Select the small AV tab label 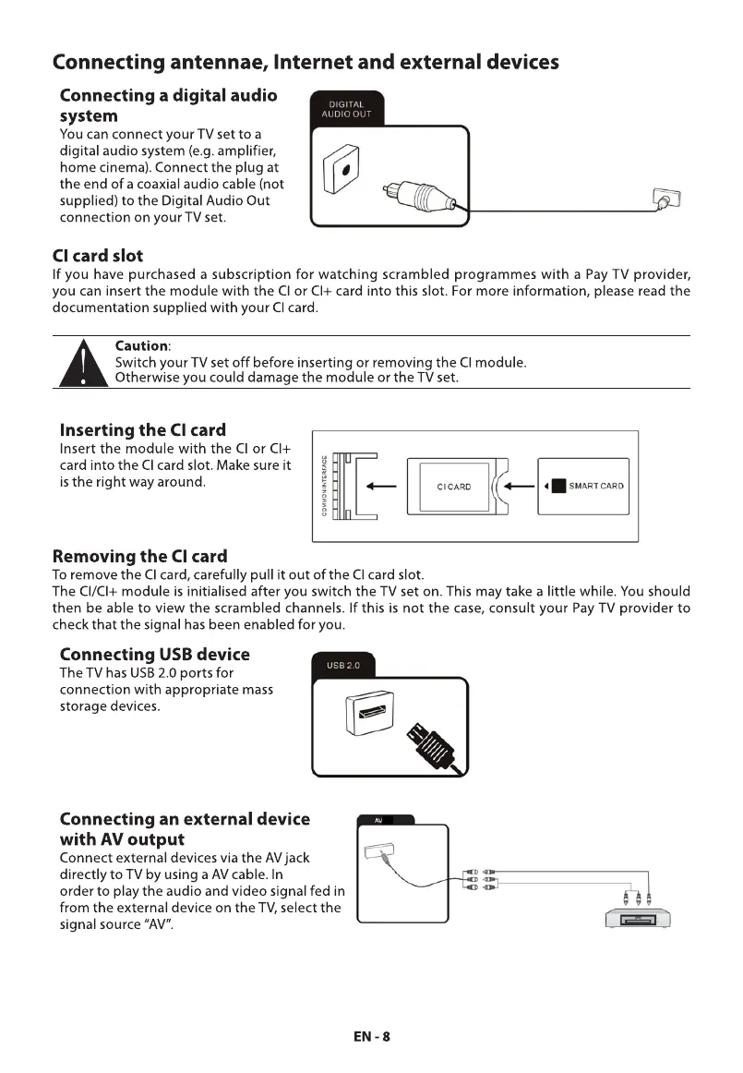pyautogui.click(x=378, y=820)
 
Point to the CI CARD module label pyautogui.click(x=454, y=487)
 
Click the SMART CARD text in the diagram pyautogui.click(x=596, y=487)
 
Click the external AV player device pyautogui.click(x=636, y=919)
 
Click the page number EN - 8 pyautogui.click(x=372, y=1036)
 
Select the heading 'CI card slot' pyautogui.click(x=97, y=255)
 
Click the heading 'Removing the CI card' pyautogui.click(x=139, y=556)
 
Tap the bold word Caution pyautogui.click(x=140, y=345)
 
